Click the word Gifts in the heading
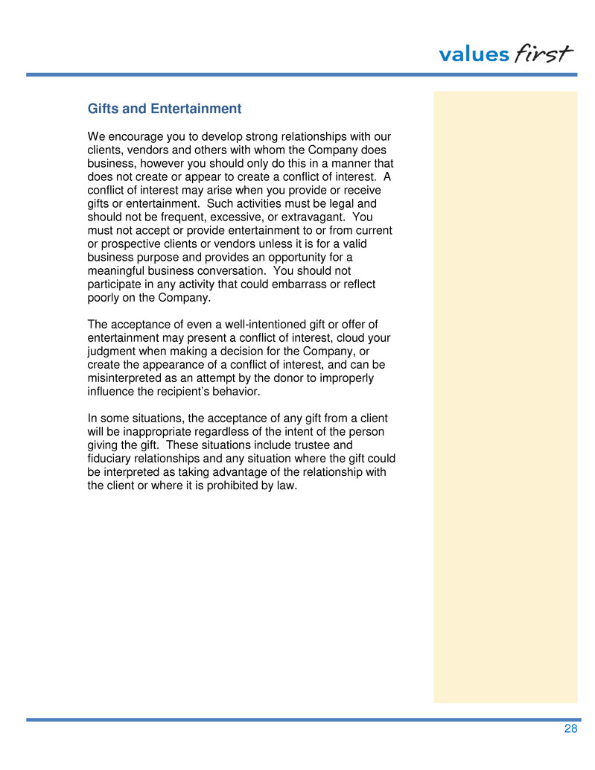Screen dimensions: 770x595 tap(103, 109)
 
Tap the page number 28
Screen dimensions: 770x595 tap(570, 729)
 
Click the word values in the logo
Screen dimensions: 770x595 tap(474, 55)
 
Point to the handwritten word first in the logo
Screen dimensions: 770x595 tap(544, 54)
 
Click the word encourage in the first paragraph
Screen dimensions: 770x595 tap(137, 137)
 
